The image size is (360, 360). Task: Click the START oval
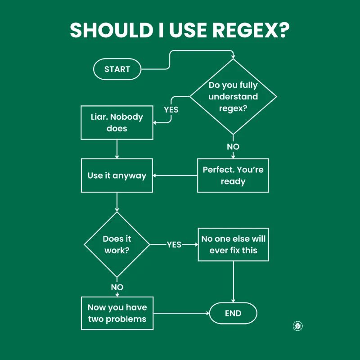(117, 69)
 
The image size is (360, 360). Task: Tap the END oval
(233, 314)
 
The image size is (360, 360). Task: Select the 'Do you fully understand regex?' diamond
(233, 96)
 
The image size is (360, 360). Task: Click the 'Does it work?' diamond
(117, 244)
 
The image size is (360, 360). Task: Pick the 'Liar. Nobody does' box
(117, 122)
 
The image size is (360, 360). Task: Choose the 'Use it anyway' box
(117, 175)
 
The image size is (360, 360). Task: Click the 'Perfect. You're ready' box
(233, 175)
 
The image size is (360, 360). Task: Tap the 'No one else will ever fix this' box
(233, 244)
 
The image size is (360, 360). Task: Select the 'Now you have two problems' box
(117, 313)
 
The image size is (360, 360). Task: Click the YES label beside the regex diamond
(171, 109)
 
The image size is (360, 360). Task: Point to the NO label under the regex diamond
(233, 147)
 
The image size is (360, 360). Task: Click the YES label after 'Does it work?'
(174, 244)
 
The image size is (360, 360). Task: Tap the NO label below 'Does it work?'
(117, 287)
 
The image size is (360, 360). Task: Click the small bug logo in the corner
(297, 326)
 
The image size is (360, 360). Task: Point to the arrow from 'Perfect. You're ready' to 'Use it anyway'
(175, 175)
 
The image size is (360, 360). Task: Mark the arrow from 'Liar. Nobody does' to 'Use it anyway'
(117, 149)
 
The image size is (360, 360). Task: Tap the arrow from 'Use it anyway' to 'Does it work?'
(117, 202)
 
